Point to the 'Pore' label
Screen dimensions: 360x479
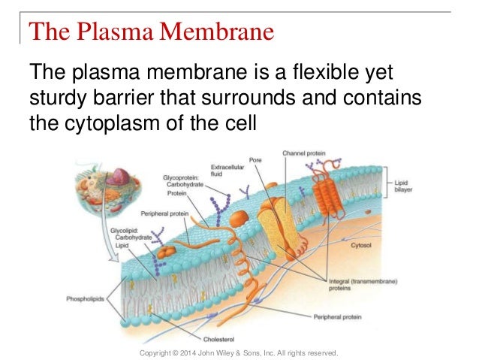point(255,160)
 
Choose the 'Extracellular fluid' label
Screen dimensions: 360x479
point(223,170)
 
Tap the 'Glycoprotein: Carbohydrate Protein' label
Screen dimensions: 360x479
point(182,185)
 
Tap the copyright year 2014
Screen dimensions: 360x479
point(190,352)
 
